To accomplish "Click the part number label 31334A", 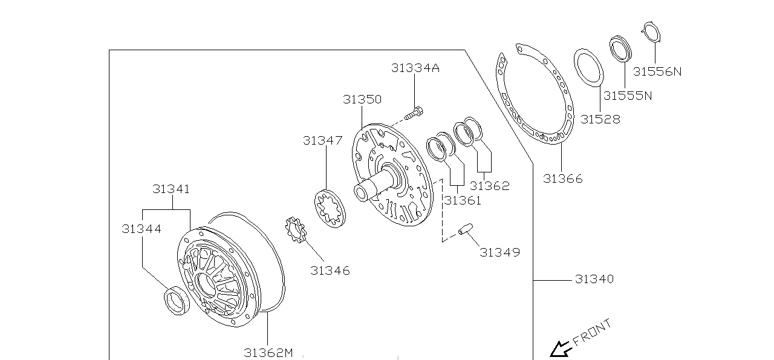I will (415, 68).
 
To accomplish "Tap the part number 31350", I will (362, 99).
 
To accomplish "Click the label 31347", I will (323, 140).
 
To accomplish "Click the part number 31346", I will (330, 270).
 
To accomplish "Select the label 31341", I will (171, 189).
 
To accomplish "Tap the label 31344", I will (141, 229).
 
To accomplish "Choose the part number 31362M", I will (268, 352).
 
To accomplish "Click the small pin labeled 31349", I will (465, 230).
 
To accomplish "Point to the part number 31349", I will (499, 252).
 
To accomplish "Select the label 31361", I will (463, 200).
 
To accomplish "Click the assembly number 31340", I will (594, 279).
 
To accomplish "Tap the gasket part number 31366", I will (563, 178).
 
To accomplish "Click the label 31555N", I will (628, 96).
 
